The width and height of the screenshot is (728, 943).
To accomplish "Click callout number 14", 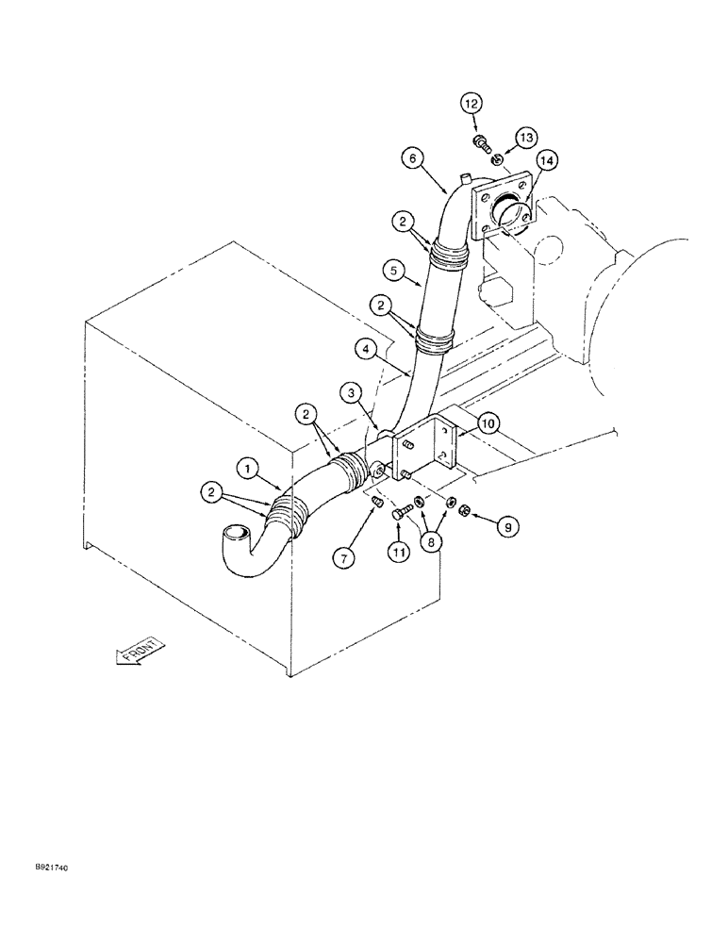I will (x=546, y=161).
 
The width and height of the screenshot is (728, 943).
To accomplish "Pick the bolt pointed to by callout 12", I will (x=480, y=143).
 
